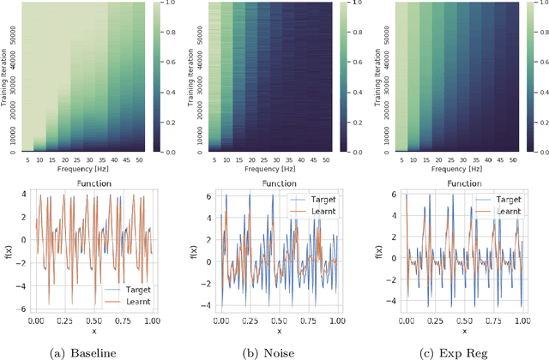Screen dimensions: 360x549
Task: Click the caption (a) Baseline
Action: (x=92, y=351)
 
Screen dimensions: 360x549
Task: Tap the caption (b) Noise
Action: (x=277, y=351)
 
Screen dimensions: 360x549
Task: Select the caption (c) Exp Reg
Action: (x=461, y=351)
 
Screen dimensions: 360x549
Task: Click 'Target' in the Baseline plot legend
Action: (x=128, y=289)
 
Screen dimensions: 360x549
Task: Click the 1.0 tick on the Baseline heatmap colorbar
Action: (x=172, y=6)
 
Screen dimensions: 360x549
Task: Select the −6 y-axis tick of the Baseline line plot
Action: (x=19, y=308)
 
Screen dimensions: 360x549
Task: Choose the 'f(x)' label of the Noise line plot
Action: (x=202, y=250)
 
